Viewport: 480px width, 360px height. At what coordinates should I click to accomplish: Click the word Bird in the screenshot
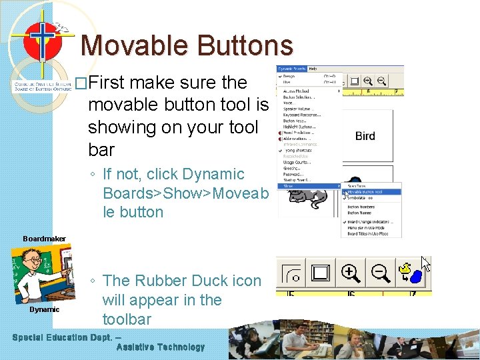pyautogui.click(x=365, y=136)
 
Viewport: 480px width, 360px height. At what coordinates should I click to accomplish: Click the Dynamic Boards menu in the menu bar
pyautogui.click(x=291, y=69)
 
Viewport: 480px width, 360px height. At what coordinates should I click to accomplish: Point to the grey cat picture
pyautogui.click(x=310, y=197)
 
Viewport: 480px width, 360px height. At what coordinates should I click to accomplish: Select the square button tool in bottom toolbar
pyautogui.click(x=321, y=272)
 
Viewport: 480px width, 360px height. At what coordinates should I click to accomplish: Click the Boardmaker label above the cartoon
pyautogui.click(x=44, y=238)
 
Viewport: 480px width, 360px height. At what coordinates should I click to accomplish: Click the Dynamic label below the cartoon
pyautogui.click(x=44, y=309)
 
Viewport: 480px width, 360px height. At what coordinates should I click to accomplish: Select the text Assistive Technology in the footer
pyautogui.click(x=161, y=347)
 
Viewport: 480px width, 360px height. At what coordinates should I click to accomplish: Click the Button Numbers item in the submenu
pyautogui.click(x=361, y=207)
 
